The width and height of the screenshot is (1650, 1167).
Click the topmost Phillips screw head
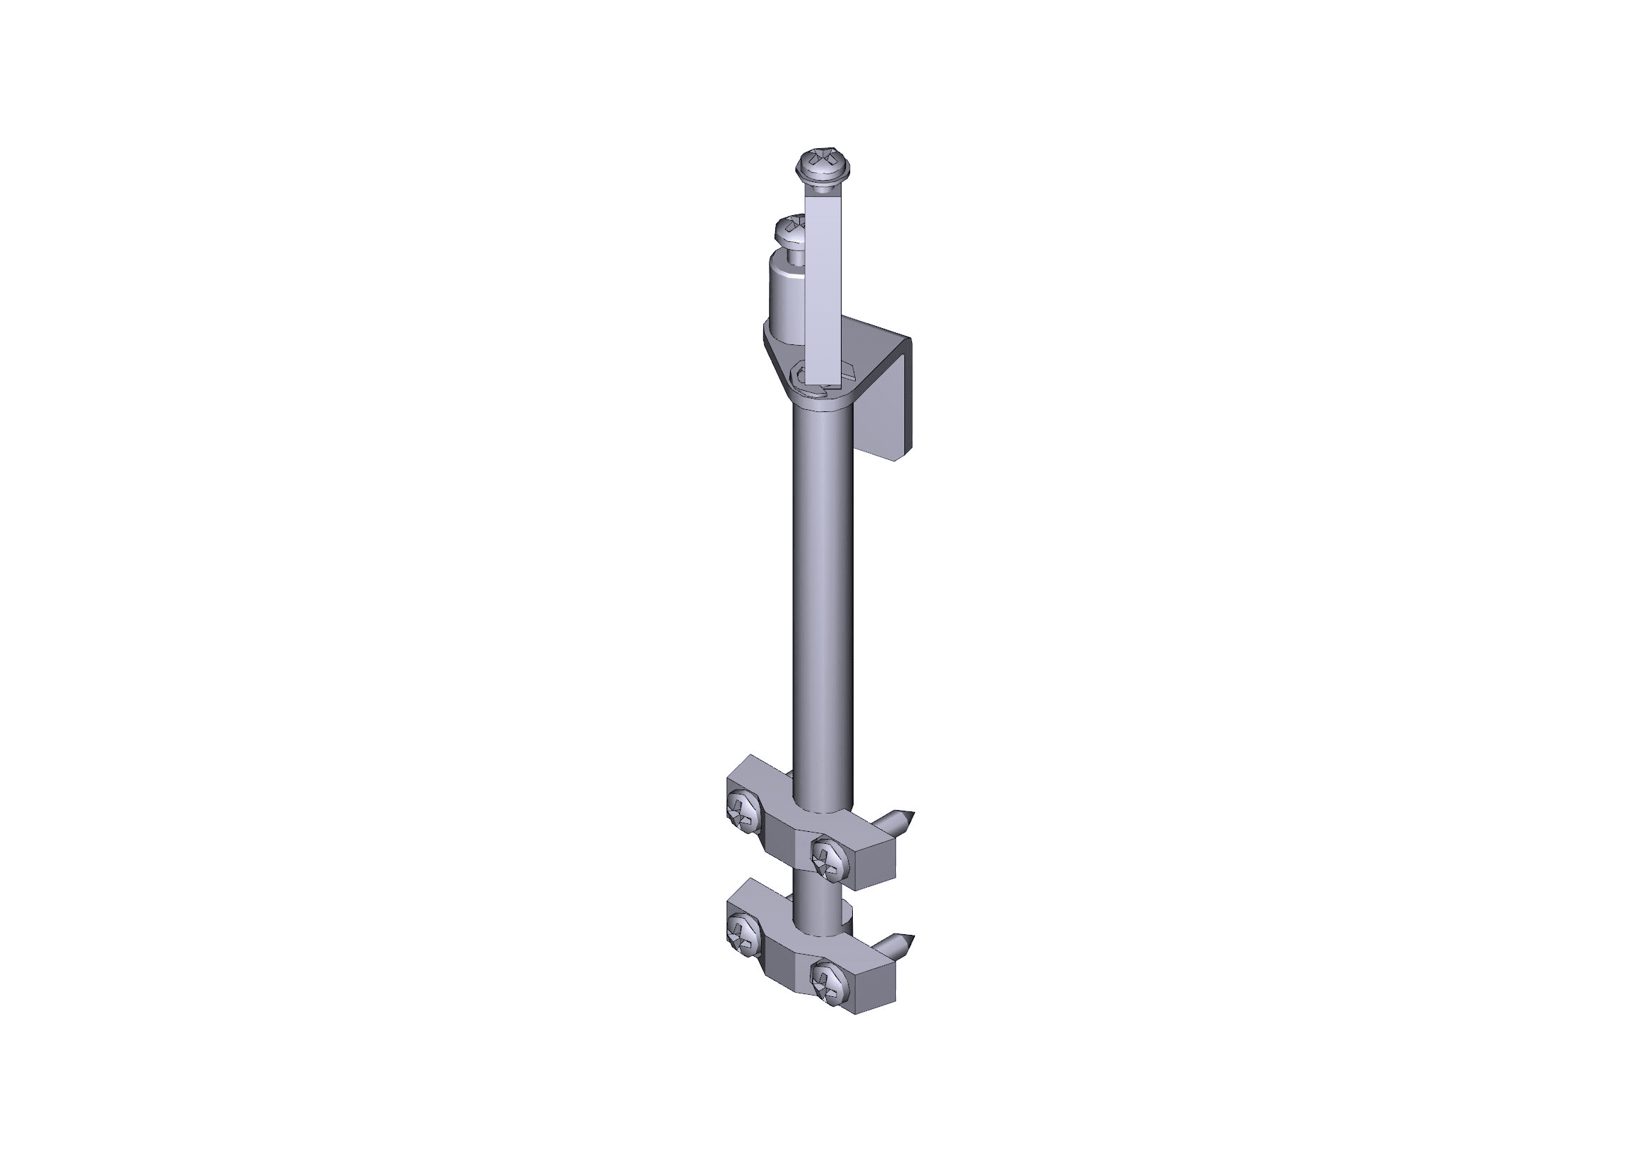click(x=823, y=164)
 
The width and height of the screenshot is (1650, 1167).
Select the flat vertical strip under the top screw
click(x=823, y=287)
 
